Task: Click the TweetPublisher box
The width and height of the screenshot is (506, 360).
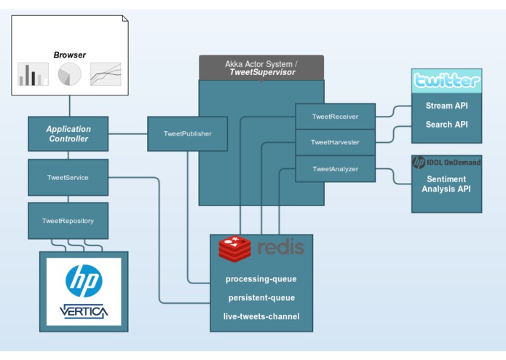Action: [x=188, y=133]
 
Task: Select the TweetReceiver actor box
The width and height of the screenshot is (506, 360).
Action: [x=336, y=116]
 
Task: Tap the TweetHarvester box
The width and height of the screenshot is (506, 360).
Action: [x=336, y=142]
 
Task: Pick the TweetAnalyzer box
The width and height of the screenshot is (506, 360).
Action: [x=336, y=169]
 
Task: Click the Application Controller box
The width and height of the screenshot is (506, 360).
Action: [x=68, y=133]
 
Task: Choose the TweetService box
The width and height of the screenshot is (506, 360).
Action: [x=68, y=177]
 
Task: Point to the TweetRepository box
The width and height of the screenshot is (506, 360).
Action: [x=68, y=221]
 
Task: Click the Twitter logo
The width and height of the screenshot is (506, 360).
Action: [x=446, y=81]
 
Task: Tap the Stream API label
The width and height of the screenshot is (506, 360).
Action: [x=446, y=106]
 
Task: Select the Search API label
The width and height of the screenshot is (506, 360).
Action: [x=446, y=125]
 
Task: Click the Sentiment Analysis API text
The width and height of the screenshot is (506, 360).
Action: [x=446, y=184]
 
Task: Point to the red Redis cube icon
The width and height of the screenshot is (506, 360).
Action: [x=234, y=249]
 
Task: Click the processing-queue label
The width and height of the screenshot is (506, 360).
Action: [x=261, y=279]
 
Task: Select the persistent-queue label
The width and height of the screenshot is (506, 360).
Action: [x=261, y=297]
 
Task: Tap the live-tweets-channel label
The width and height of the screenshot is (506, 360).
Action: [x=261, y=316]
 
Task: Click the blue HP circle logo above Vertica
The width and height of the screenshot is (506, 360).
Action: [x=84, y=281]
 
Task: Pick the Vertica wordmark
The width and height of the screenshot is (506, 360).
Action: [x=84, y=311]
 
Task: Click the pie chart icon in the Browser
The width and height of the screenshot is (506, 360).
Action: [x=69, y=74]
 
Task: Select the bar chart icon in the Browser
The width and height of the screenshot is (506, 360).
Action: [x=33, y=74]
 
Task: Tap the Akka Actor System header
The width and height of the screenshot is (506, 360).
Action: [x=261, y=68]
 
